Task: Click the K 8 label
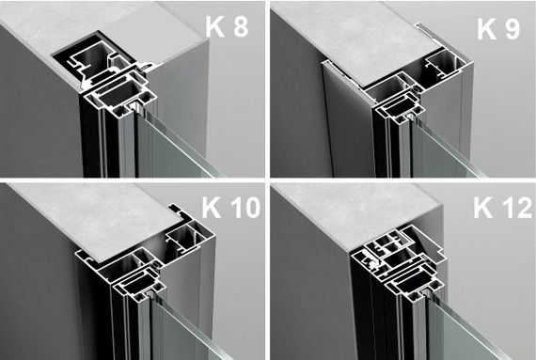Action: pos(227,26)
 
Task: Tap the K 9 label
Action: pos(498,29)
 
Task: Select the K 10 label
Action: pos(231,208)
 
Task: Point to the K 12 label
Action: pos(503,208)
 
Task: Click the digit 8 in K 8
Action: pos(241,26)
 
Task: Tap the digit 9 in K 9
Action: pos(512,29)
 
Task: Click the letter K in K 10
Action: pos(212,208)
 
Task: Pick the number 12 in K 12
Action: pos(517,208)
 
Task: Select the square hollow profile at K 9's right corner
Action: pos(444,65)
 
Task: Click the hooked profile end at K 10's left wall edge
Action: pos(85,257)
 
